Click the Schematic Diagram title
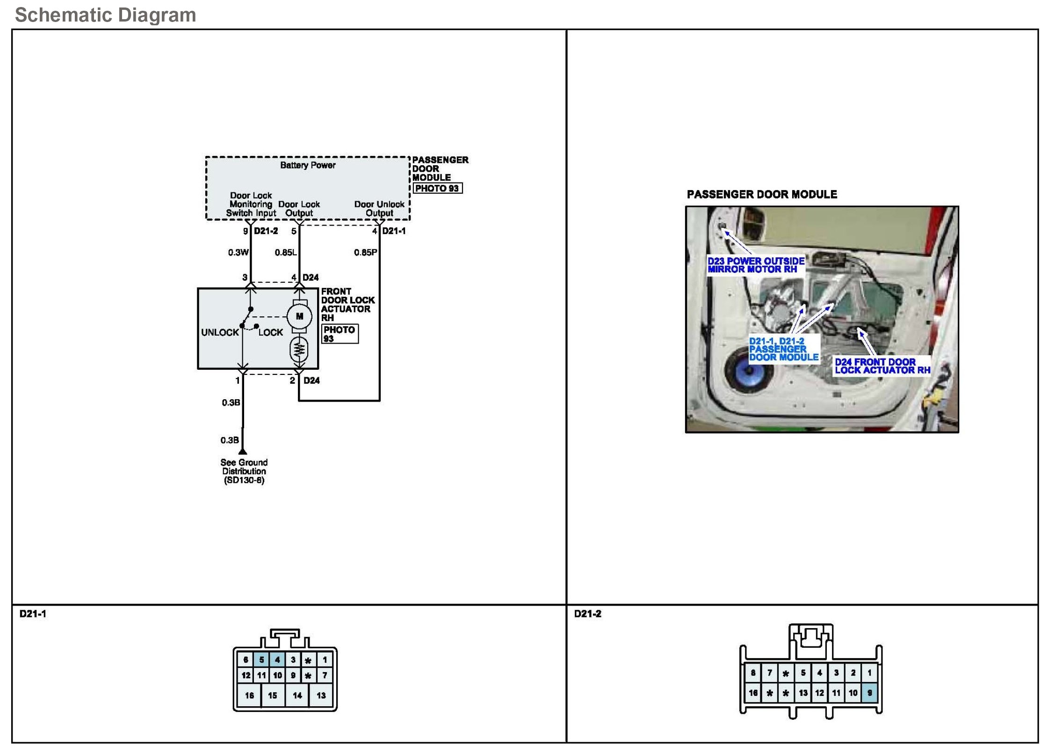click(105, 15)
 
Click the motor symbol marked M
click(299, 316)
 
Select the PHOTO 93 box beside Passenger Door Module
click(437, 188)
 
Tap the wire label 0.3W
click(238, 253)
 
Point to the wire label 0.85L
click(285, 253)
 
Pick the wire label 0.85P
click(365, 253)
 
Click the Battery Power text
click(308, 165)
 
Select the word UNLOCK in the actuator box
click(220, 332)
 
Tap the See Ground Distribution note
click(244, 471)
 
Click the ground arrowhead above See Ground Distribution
click(242, 452)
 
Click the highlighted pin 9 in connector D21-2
click(869, 693)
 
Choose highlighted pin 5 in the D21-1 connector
click(261, 659)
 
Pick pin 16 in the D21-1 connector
click(249, 695)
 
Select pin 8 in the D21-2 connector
click(753, 673)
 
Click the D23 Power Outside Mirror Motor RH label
click(756, 265)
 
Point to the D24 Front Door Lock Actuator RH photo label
click(882, 366)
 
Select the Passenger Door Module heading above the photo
click(762, 194)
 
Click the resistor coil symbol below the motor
click(299, 349)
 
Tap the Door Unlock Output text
click(379, 209)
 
